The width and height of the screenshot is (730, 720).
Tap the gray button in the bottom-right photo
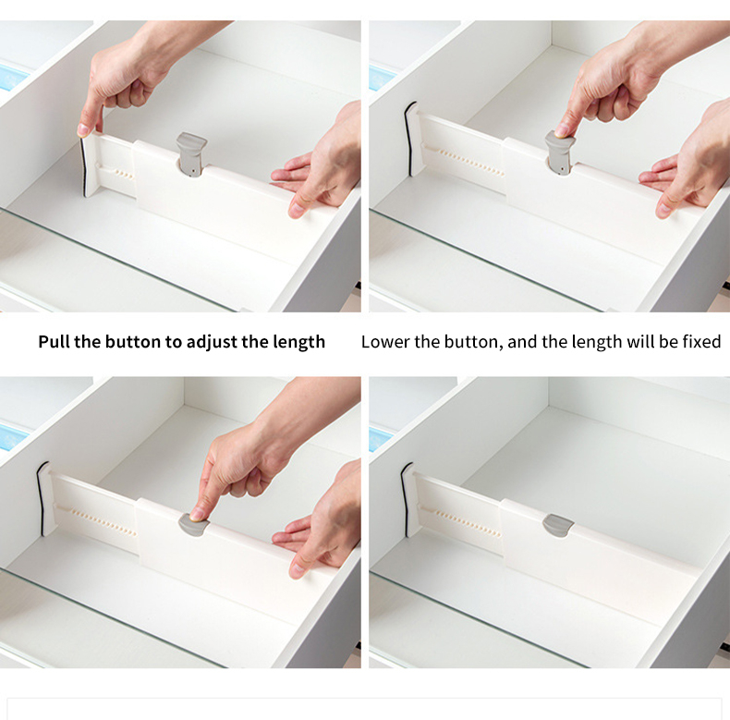point(558,524)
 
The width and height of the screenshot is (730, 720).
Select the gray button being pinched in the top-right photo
point(559,151)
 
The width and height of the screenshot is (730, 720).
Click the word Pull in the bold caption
point(54,342)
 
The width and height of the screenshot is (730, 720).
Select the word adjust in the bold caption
point(213,342)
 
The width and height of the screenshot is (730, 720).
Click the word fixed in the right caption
point(700,342)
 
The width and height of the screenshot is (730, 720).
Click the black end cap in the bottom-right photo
point(408,498)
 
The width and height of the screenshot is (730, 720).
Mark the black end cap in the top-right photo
point(410,137)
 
